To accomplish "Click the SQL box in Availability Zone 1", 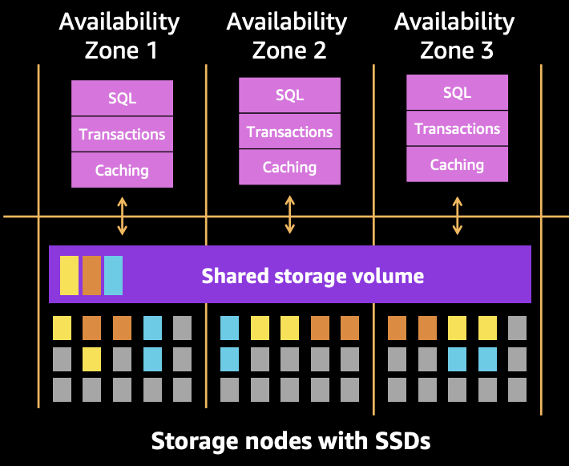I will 122,99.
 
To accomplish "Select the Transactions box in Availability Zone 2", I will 289,132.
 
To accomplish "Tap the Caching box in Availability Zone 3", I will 457,164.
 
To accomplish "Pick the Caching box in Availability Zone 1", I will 122,170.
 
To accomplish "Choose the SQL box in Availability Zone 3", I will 457,93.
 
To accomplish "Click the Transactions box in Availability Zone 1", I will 122,134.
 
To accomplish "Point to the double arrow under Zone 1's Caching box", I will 122,217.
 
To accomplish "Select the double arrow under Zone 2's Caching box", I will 289,215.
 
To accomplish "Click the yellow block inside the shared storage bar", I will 69,275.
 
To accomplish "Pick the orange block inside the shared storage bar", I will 91,275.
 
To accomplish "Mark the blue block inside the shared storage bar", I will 113,275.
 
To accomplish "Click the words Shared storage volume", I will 313,277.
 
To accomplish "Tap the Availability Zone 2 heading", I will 289,36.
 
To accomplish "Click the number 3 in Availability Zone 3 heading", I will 486,51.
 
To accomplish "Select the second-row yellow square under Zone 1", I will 92,359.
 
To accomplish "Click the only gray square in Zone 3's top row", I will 517,327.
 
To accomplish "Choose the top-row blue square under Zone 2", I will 229,327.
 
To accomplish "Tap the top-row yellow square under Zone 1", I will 62,327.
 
